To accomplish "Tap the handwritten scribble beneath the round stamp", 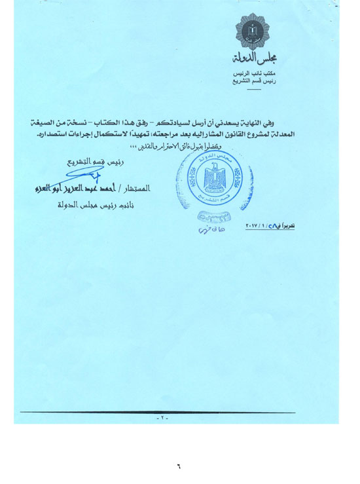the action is pos(208,229).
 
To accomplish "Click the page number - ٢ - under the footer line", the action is pos(162,417).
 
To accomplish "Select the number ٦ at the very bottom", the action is pos(178,466).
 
